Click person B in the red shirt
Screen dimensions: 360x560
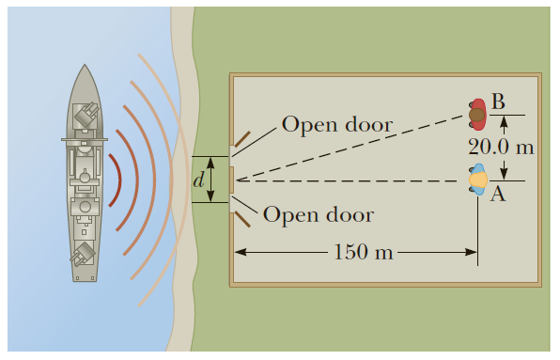477,115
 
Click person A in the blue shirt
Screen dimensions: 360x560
478,179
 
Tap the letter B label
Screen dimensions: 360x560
498,101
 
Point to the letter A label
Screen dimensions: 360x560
498,194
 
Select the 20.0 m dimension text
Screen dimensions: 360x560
501,148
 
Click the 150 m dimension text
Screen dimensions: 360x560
363,252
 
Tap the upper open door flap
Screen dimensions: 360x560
241,140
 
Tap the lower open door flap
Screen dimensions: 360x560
241,220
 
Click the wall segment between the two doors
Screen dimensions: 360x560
232,179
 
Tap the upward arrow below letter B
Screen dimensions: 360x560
504,121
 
